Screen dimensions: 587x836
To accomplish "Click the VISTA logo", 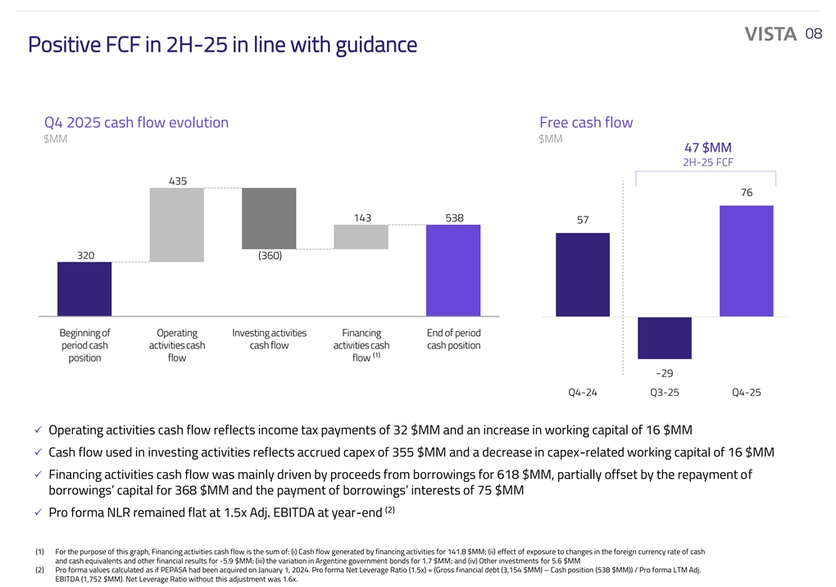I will coord(770,34).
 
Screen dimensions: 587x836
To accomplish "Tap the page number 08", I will coord(813,34).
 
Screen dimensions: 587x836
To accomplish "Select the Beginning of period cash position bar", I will coord(84,289).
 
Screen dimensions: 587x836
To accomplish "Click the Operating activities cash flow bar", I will coord(177,225).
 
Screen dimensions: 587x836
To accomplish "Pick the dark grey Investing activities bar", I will coord(269,218).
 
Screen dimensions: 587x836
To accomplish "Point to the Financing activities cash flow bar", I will coord(361,237).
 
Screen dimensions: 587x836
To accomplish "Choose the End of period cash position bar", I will coord(453,270).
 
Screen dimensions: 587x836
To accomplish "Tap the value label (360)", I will coord(269,256).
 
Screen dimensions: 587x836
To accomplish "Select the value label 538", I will coord(454,218).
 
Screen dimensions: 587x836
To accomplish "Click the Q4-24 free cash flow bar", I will coord(583,275).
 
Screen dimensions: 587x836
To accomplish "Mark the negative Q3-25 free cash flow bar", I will coord(665,337).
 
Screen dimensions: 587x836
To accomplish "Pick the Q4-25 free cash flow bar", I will coord(746,261).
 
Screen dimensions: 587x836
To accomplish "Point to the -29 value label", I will coord(665,373).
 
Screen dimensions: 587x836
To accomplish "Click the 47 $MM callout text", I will coord(707,148).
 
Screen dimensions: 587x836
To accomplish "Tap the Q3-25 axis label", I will coord(665,393).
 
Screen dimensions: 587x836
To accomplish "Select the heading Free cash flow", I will coord(586,122).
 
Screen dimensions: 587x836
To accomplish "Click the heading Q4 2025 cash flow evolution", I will coord(136,122).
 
